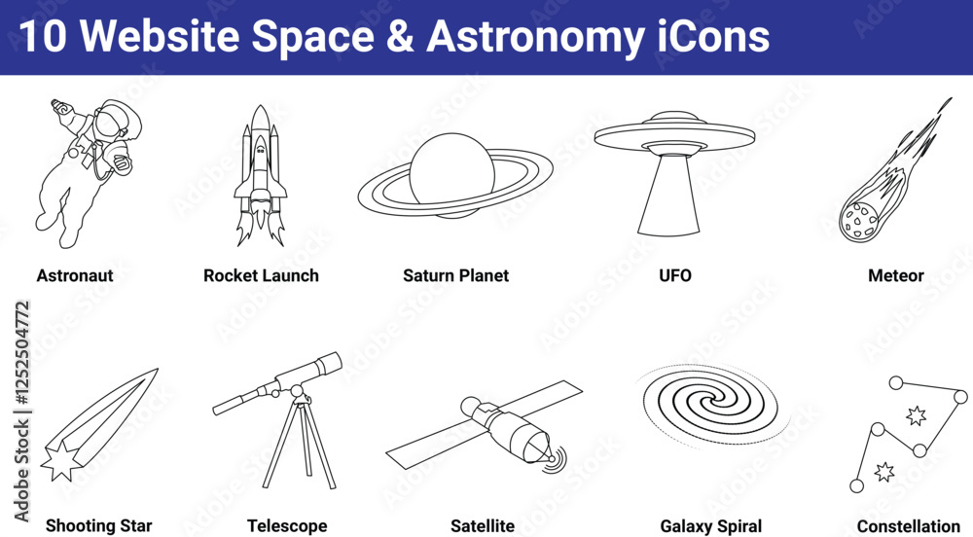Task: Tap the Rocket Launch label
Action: (261, 275)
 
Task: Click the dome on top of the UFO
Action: (674, 118)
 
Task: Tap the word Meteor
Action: (896, 275)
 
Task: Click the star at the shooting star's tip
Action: (60, 461)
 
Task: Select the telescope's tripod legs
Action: (299, 445)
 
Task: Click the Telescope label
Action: (287, 526)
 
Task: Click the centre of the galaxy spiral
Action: (709, 404)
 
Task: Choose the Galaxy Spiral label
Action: (711, 526)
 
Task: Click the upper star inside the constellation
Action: (916, 415)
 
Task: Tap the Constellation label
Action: (909, 526)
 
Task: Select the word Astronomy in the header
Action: (535, 37)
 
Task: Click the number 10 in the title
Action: (42, 36)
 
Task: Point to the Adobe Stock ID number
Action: (22, 354)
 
